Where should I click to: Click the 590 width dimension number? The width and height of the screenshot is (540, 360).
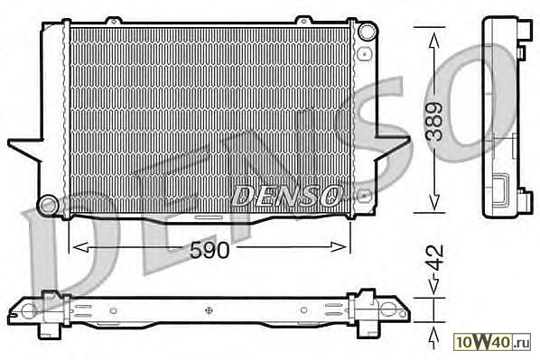tap(209, 250)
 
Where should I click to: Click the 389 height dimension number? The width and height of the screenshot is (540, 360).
tap(434, 121)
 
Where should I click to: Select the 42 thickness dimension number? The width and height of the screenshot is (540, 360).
tap(434, 258)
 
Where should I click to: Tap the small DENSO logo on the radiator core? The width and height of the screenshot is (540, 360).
tap(286, 196)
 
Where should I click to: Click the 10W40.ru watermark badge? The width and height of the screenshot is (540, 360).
tap(492, 342)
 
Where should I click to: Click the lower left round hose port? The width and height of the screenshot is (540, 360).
tap(48, 206)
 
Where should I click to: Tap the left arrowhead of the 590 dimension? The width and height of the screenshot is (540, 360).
tap(80, 247)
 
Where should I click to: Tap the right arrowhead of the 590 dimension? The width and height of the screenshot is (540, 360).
tap(339, 247)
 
